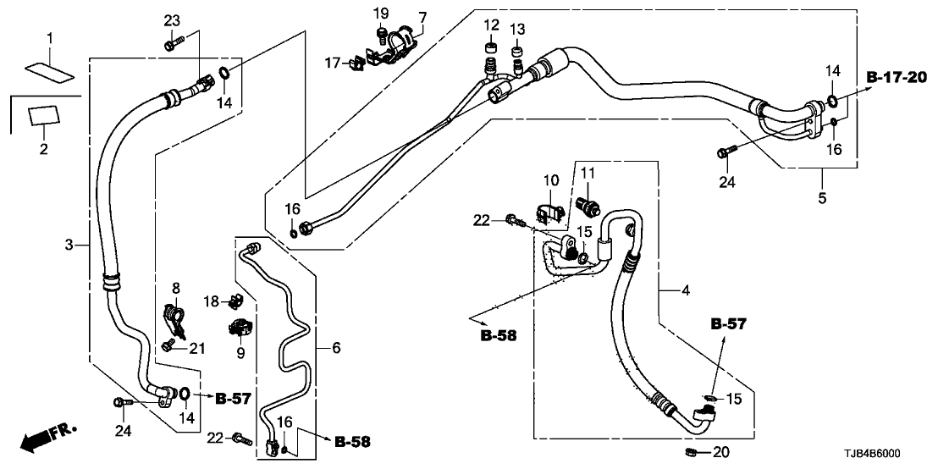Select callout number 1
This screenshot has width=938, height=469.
(x=50, y=37)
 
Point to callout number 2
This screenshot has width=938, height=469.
(x=44, y=149)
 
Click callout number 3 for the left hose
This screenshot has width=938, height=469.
(x=70, y=246)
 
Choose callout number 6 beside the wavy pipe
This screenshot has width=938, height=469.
(x=336, y=348)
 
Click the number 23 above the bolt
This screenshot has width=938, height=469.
(x=173, y=19)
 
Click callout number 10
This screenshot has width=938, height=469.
(x=551, y=180)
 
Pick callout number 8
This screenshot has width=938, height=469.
(x=176, y=288)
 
